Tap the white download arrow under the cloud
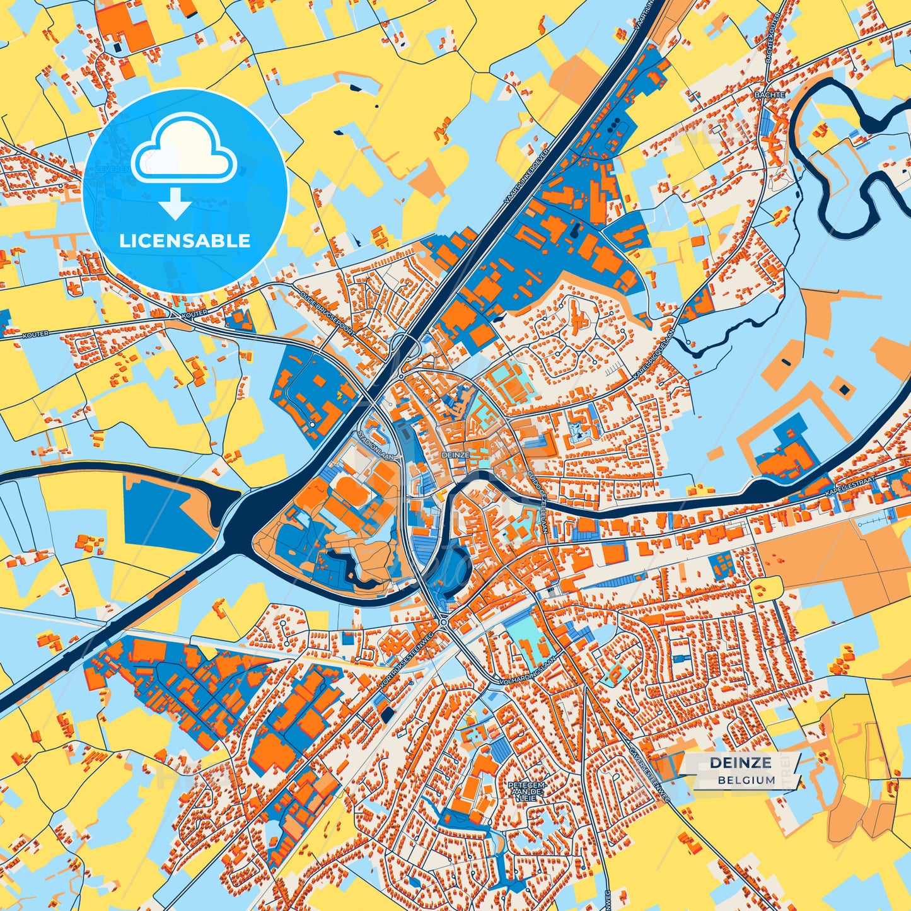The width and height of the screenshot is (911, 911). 176,203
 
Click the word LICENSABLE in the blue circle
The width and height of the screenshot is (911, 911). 185,241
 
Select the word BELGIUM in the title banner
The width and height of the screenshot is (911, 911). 746,780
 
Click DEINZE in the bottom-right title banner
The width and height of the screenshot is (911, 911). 740,763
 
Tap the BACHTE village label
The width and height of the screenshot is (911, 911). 769,95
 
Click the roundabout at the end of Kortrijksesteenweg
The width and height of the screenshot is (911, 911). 444,622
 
